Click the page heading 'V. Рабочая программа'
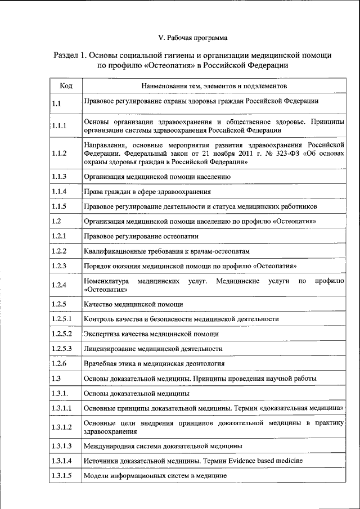(x=193, y=38)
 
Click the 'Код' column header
(x=65, y=86)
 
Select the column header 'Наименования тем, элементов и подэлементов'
(x=214, y=86)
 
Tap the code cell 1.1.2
(x=59, y=153)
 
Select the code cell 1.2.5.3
(x=62, y=349)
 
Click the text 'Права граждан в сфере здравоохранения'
(x=148, y=192)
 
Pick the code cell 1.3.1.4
(x=62, y=461)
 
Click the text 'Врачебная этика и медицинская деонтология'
(x=154, y=363)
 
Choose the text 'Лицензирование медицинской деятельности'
(x=152, y=349)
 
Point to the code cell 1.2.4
(x=59, y=285)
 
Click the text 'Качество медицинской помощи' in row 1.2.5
(x=133, y=304)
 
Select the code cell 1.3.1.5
(x=62, y=476)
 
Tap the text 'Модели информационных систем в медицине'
(x=155, y=476)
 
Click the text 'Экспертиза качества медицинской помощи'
(x=151, y=334)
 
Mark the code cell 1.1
(x=56, y=103)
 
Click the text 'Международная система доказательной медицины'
(x=163, y=445)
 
